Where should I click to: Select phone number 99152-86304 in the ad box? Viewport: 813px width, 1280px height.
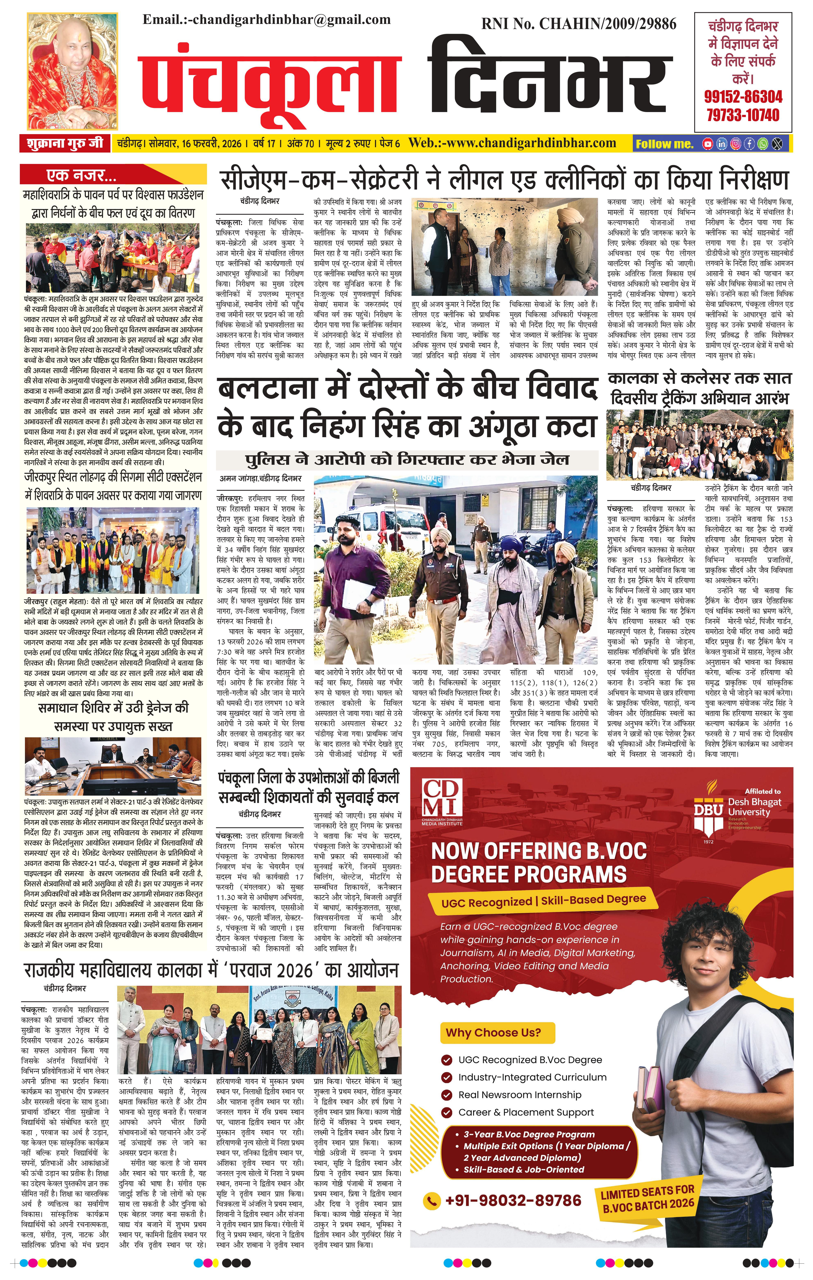(743, 97)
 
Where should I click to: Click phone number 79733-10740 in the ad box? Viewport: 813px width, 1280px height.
(743, 115)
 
